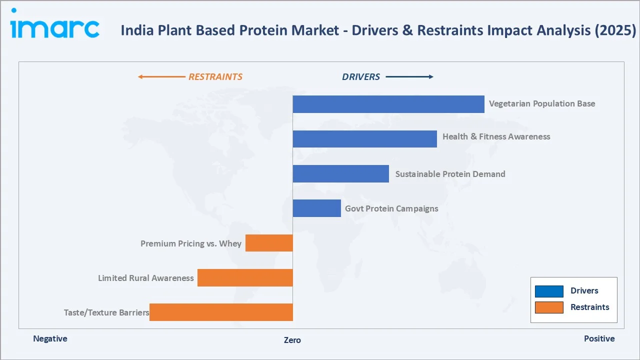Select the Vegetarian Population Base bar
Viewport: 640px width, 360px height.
point(388,104)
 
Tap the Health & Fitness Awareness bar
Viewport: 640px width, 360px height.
point(364,138)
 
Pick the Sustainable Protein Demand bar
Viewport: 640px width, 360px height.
point(340,173)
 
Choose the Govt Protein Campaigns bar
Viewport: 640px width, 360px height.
point(316,208)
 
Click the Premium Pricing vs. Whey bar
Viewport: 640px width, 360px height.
point(269,243)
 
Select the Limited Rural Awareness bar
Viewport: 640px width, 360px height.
point(245,277)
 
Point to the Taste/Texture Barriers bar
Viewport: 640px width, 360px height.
point(221,312)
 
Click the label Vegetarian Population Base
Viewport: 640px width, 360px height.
point(542,104)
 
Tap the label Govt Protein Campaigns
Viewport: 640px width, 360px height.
point(391,208)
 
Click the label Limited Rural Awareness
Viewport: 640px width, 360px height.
point(145,278)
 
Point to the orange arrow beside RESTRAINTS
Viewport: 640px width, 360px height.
point(161,77)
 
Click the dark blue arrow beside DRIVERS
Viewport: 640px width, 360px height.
point(409,77)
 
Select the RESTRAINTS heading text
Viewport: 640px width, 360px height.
point(215,77)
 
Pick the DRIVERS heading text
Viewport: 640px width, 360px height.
point(360,77)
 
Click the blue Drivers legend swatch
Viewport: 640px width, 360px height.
point(549,291)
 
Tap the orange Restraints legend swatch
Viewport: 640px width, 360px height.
point(549,307)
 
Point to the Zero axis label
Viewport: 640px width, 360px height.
point(292,340)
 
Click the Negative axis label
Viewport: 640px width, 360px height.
point(50,338)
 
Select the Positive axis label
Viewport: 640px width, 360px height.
point(599,338)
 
